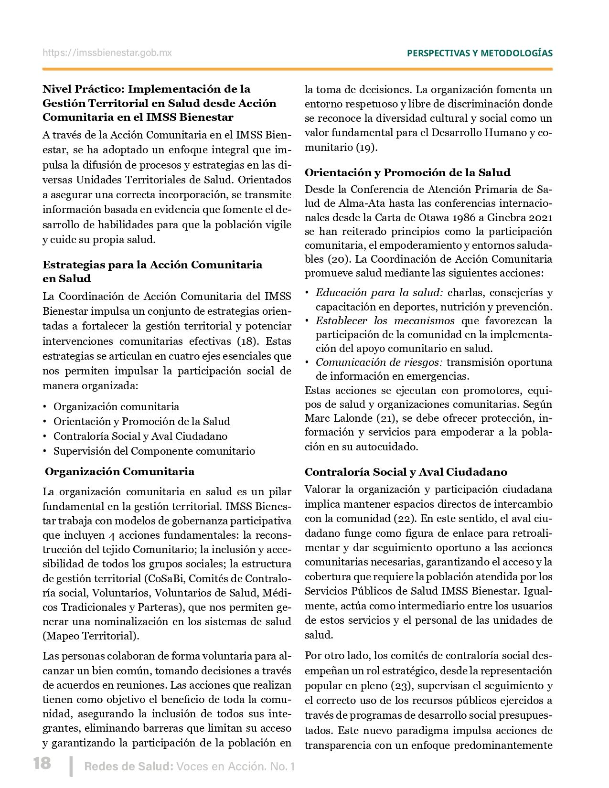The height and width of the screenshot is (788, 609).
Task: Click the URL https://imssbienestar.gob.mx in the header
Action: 107,53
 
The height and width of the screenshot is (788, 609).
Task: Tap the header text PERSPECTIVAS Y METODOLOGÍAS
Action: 480,53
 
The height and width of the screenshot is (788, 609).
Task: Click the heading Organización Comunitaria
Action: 119,472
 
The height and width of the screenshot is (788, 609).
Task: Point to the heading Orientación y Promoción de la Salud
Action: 407,172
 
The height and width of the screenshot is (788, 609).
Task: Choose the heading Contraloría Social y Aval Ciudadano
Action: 406,472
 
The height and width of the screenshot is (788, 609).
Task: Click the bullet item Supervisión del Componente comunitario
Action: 154,451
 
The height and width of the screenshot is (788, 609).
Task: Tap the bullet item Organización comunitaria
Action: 116,407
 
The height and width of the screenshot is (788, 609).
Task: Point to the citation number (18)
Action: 247,341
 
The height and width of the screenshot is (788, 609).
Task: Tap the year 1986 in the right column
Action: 461,218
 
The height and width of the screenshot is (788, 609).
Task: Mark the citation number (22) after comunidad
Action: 406,519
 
